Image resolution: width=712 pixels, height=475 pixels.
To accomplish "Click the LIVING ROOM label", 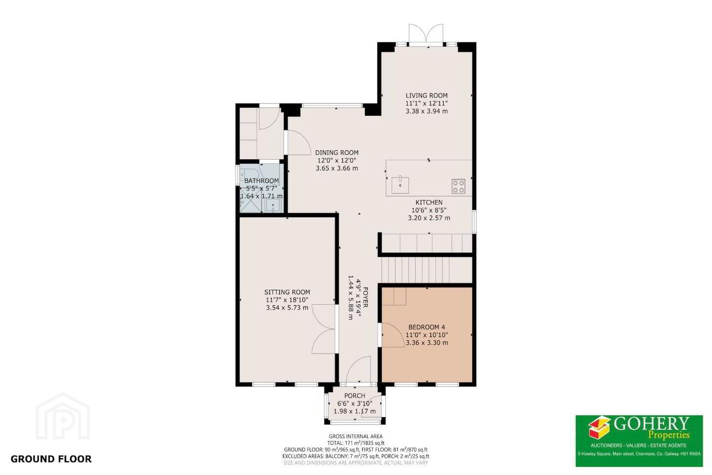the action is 427,95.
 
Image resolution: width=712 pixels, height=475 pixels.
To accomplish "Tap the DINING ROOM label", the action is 337,153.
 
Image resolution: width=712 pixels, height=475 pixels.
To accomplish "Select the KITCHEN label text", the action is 429,202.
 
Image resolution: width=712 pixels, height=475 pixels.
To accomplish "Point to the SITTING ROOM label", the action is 287,292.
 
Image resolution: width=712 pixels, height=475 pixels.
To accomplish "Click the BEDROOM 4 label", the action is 427,327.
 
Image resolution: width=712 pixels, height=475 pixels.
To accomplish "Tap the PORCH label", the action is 355,396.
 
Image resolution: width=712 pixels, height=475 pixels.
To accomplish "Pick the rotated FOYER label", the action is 365,297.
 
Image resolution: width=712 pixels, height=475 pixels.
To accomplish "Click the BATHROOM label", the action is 262,181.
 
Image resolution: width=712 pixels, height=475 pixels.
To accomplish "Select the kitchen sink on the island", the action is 400,185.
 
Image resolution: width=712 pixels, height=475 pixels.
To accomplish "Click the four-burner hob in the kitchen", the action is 458,186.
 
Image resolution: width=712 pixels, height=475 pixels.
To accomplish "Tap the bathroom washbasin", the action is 273,205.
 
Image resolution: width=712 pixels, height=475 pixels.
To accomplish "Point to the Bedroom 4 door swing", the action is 393,335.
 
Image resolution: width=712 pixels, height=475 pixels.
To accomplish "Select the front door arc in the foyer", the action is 358,370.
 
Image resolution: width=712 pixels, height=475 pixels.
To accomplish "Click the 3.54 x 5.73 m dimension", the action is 287,308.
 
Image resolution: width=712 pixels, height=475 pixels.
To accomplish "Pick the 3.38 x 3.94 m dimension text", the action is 427,111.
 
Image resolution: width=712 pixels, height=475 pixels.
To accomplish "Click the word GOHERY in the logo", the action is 651,424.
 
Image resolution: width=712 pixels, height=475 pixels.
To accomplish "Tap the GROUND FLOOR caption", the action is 51,459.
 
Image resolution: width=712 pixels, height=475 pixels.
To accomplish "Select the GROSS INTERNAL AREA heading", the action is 356,436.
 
